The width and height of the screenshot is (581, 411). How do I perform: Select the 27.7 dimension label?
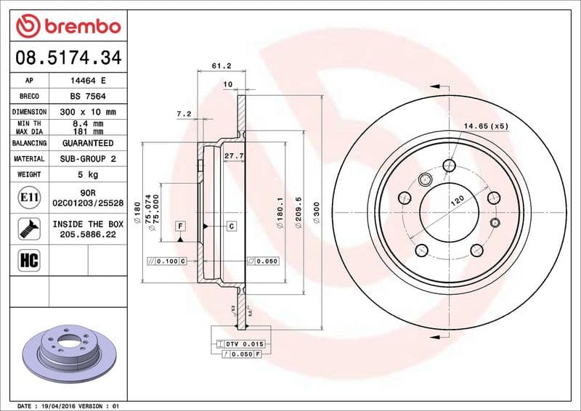232,155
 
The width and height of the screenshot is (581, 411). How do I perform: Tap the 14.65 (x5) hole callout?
486,126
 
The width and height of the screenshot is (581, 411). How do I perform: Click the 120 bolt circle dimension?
458,202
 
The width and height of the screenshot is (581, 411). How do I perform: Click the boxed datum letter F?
179,227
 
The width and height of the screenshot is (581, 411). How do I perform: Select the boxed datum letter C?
232,227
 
